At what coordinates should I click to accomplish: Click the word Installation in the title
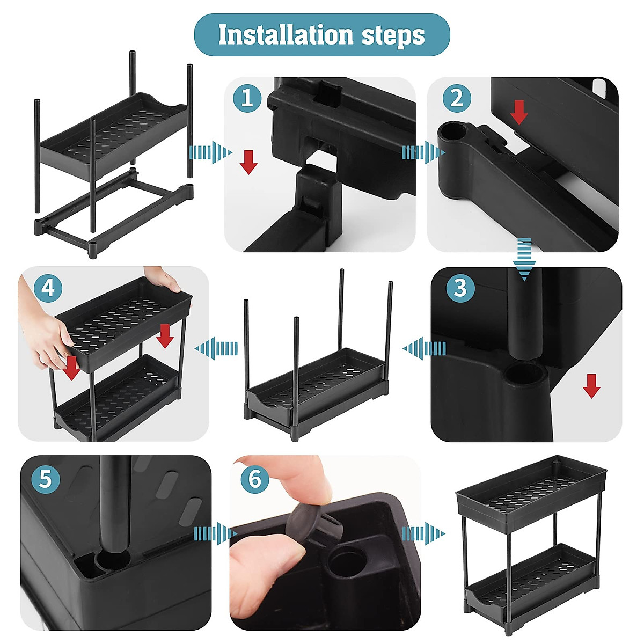pyautogui.click(x=286, y=34)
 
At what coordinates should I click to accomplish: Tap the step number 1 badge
pyautogui.click(x=247, y=98)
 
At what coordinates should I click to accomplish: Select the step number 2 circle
pyautogui.click(x=457, y=98)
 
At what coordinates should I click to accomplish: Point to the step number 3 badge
pyautogui.click(x=460, y=288)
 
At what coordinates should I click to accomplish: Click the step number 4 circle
pyautogui.click(x=48, y=288)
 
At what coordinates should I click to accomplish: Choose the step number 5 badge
pyautogui.click(x=46, y=479)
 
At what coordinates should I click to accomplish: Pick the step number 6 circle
pyautogui.click(x=255, y=479)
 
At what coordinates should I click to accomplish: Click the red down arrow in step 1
pyautogui.click(x=248, y=163)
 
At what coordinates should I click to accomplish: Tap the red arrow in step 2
pyautogui.click(x=519, y=112)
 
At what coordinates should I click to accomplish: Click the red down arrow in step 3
pyautogui.click(x=591, y=386)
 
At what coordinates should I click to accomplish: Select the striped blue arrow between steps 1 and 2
pyautogui.click(x=424, y=153)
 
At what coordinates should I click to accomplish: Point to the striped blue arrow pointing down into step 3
pyautogui.click(x=524, y=259)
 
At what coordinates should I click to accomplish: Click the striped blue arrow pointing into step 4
pyautogui.click(x=216, y=348)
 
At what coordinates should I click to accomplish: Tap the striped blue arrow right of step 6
pyautogui.click(x=424, y=533)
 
